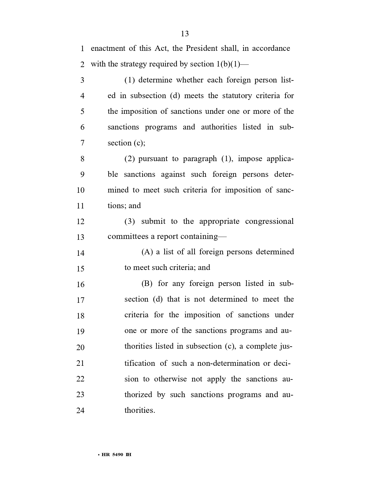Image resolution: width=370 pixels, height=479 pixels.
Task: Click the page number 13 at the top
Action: (x=185, y=34)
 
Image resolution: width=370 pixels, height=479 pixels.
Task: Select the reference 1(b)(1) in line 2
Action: (x=228, y=64)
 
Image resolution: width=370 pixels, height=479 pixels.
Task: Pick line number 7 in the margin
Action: (x=82, y=143)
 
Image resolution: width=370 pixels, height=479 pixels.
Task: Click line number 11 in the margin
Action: (x=80, y=206)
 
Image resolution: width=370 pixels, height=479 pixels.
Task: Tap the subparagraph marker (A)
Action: (x=147, y=252)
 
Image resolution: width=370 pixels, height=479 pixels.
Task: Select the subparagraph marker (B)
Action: (x=147, y=284)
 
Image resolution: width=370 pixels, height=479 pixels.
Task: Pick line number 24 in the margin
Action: (x=80, y=410)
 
